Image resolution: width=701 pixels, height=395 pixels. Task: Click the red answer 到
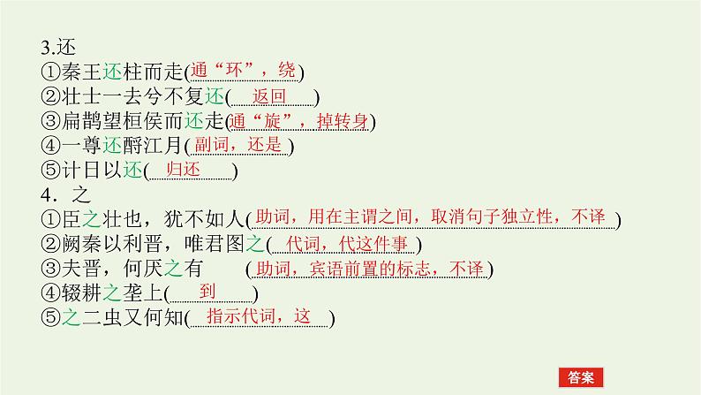(x=208, y=291)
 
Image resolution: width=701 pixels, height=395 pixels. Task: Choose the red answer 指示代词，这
(x=260, y=315)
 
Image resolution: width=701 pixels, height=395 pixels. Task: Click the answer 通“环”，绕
(x=248, y=72)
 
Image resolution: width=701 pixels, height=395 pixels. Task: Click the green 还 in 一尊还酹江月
(x=109, y=146)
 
